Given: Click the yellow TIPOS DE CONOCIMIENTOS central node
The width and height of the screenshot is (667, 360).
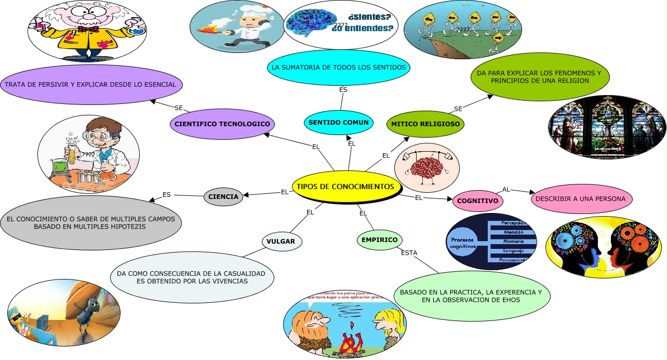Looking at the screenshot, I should (x=345, y=186).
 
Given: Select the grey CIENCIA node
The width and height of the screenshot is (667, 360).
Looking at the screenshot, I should (x=223, y=197).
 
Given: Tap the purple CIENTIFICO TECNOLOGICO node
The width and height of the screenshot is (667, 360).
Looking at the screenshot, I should (x=222, y=124).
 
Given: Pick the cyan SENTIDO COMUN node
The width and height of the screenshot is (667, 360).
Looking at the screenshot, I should (x=339, y=123).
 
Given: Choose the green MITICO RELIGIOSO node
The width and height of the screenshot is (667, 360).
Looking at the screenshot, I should (x=425, y=125).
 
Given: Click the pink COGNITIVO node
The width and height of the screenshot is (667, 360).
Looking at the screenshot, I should (x=478, y=201).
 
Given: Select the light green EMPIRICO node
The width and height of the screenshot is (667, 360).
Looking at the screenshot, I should (x=380, y=240).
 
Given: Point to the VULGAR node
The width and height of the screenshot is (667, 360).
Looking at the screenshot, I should (x=281, y=242).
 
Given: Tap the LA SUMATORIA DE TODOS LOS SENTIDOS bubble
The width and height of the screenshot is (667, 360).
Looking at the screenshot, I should (x=339, y=67).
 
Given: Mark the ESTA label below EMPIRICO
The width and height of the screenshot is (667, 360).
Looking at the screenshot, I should (x=409, y=253).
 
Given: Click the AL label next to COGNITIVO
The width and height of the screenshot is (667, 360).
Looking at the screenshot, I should (x=506, y=189).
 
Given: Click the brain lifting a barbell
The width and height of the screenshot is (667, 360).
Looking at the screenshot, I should (x=427, y=167).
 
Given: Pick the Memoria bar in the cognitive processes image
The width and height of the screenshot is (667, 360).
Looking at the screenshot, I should (x=512, y=242).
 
